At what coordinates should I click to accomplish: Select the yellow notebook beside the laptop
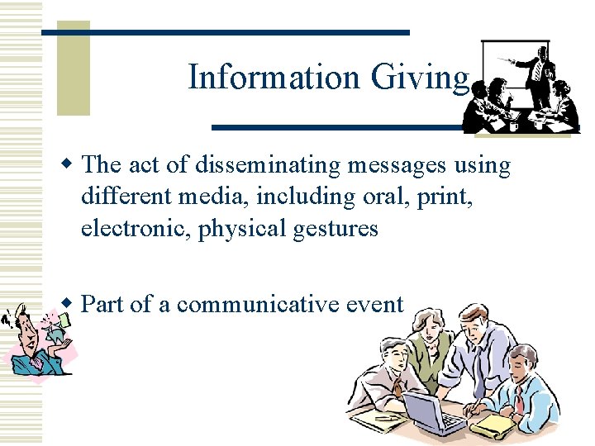(x=494, y=424)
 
